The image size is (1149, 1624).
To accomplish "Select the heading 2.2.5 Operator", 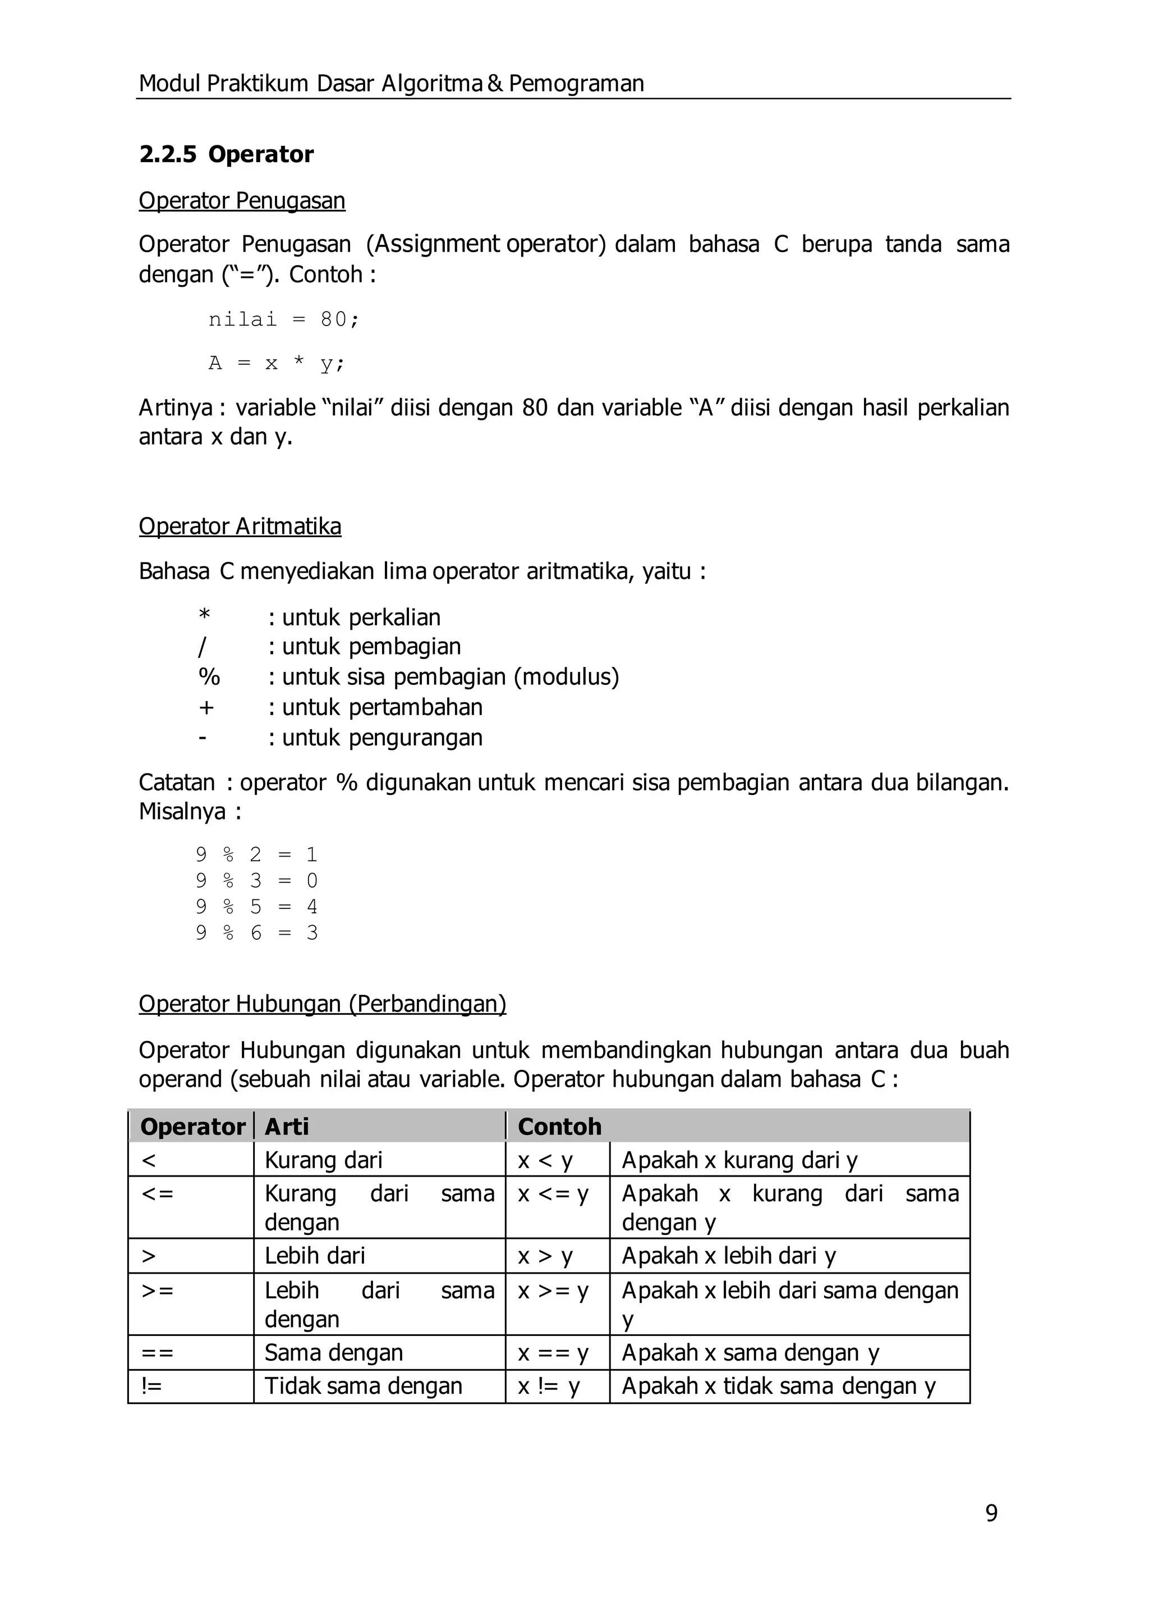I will (227, 154).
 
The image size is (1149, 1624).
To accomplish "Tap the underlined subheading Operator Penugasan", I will (242, 201).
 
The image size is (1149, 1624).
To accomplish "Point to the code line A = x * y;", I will (277, 363).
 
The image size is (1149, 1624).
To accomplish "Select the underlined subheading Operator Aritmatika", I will (240, 527).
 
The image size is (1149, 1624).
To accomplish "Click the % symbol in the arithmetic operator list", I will (209, 677).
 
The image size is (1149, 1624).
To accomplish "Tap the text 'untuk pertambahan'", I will (382, 707).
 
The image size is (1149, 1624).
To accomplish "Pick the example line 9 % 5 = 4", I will (257, 907).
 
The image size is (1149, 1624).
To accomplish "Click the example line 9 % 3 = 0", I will (257, 881).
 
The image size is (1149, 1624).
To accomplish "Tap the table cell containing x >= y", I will (553, 1291).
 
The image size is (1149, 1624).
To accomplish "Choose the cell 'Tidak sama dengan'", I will (364, 1385).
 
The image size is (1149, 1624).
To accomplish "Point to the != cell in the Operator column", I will (152, 1385).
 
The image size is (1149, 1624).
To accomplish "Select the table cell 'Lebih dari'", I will (315, 1255).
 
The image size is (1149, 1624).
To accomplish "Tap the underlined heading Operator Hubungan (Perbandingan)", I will (323, 1004).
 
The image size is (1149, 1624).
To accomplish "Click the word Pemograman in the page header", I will (576, 84).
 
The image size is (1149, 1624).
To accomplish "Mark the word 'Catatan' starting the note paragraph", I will (177, 783).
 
